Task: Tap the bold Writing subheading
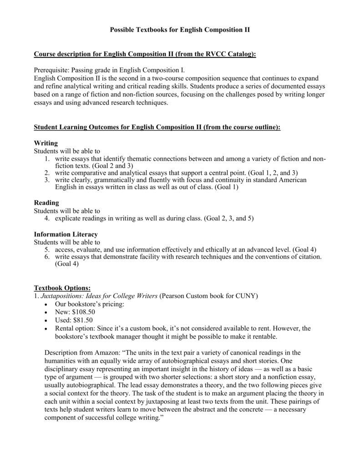click(x=46, y=143)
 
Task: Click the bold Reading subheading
click(x=47, y=203)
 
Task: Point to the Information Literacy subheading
click(x=66, y=234)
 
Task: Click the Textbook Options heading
click(x=63, y=288)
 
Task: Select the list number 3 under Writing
click(x=47, y=180)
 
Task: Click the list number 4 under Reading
click(x=47, y=218)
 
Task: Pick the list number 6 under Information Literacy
click(x=47, y=257)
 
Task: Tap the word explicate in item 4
click(x=69, y=218)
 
